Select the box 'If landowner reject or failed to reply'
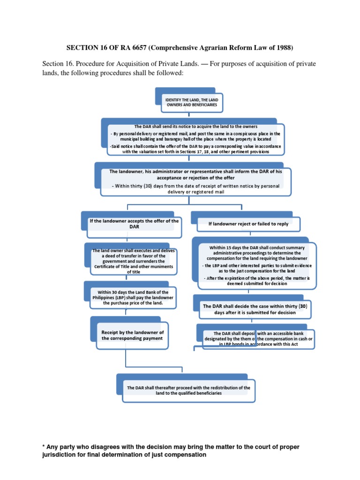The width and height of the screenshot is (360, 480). point(248,224)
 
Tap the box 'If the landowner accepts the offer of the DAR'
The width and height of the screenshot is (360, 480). point(135,224)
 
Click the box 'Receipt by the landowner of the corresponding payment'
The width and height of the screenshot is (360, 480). point(132,335)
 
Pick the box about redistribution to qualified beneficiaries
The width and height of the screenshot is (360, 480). point(188,390)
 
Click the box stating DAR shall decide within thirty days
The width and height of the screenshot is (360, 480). point(255,309)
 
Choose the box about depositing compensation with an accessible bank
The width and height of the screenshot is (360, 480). point(259,338)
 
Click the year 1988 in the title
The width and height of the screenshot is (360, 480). point(282,47)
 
